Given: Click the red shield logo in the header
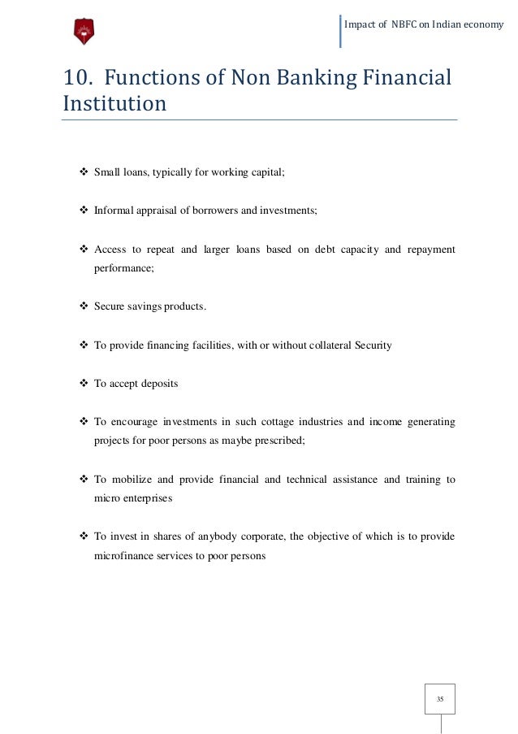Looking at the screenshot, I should click(x=84, y=31).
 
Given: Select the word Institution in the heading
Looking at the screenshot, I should click(x=114, y=104).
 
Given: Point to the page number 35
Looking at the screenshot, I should click(x=440, y=699).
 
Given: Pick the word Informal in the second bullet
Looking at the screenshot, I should click(x=114, y=210).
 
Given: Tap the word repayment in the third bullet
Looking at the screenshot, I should click(x=430, y=249).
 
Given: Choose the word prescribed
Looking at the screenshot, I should click(x=282, y=441).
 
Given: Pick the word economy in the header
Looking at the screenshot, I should click(x=484, y=24).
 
